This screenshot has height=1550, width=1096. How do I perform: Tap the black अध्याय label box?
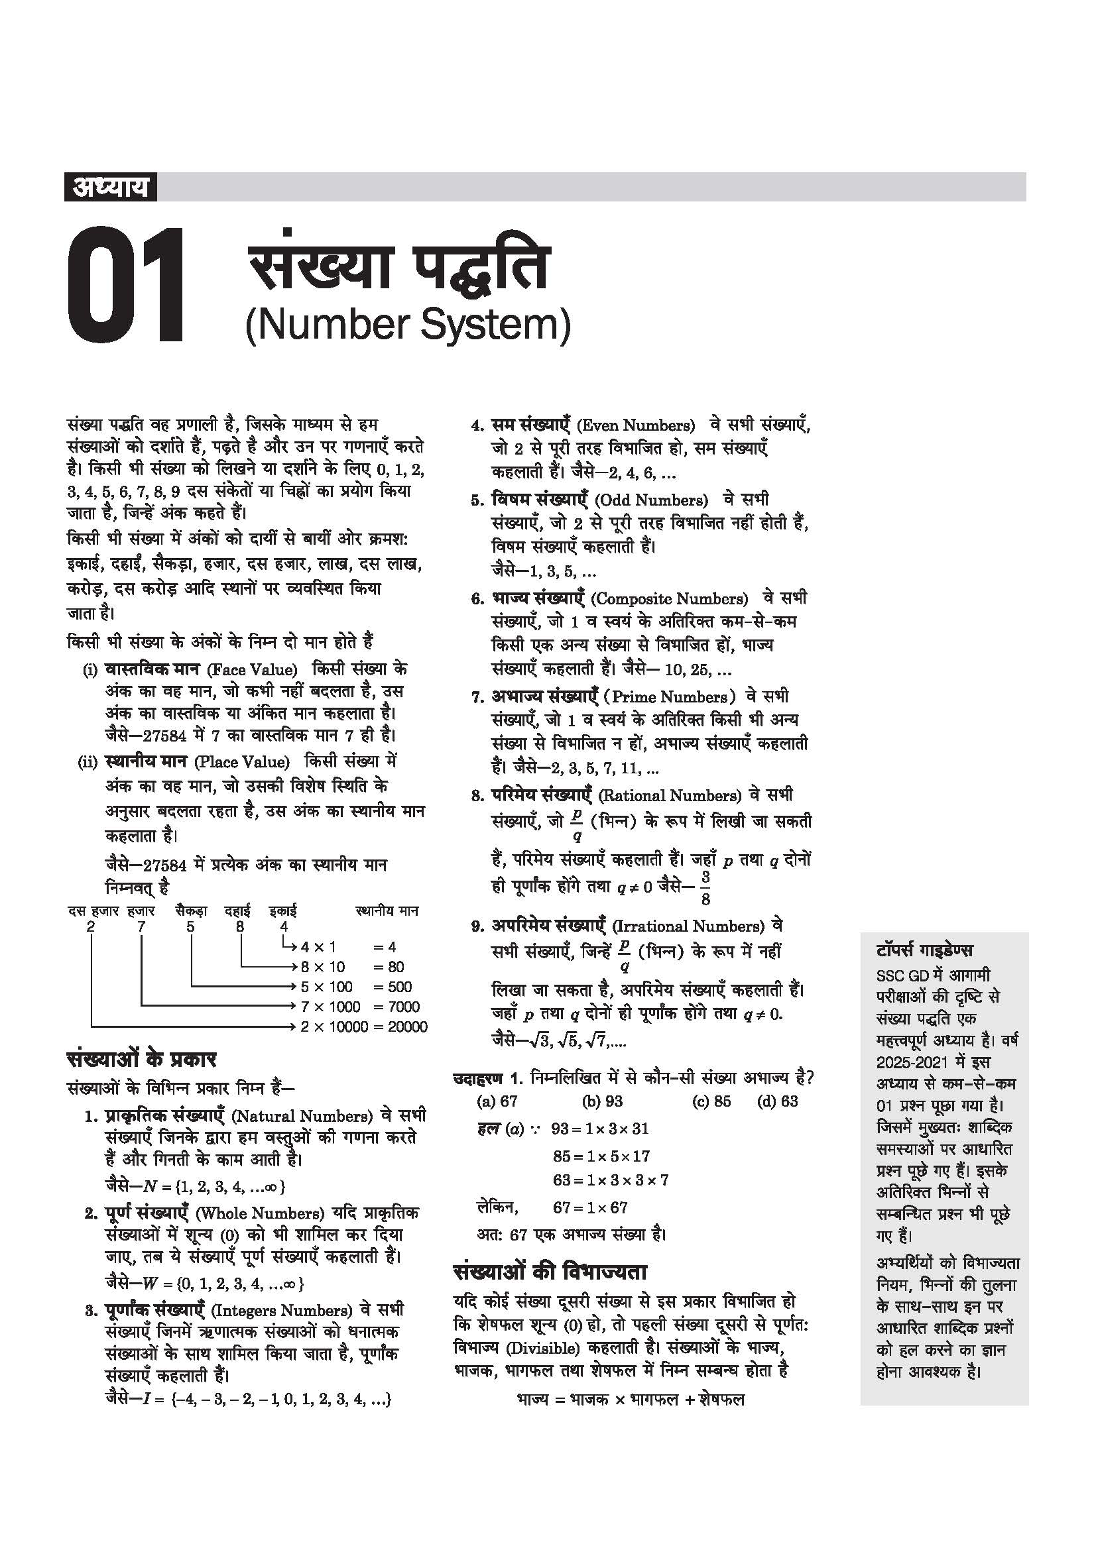[110, 186]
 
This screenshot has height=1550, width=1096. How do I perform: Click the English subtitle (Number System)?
[408, 325]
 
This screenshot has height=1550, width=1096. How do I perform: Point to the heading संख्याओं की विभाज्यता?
[550, 1272]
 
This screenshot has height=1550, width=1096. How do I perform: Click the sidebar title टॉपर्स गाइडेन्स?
[924, 950]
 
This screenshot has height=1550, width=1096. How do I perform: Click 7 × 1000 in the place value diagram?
[331, 1007]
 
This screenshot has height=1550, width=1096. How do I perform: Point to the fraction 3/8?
[705, 888]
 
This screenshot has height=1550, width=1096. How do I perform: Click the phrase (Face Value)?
[253, 670]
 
